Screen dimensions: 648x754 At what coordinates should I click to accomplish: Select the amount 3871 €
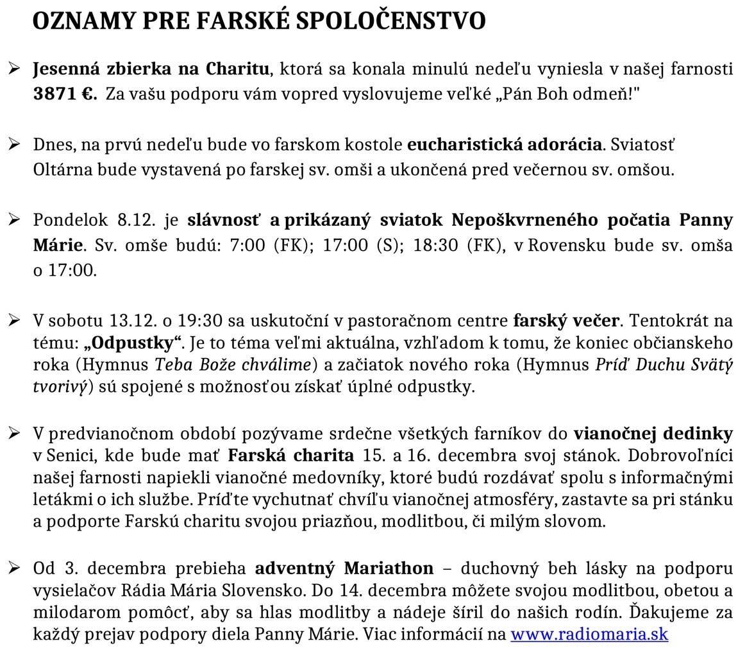pos(65,94)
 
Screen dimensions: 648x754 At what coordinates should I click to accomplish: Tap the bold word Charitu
pos(239,69)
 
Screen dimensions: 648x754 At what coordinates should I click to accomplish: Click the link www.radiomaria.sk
pos(589,634)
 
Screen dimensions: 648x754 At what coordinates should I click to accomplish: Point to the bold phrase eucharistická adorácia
pos(505,144)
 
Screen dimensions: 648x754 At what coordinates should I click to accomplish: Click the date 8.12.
pos(137,220)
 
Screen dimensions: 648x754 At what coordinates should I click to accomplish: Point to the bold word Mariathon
pos(389,568)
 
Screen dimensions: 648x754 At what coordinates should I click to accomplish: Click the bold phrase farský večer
pos(566,320)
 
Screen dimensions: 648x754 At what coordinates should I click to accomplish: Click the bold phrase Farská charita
pos(290,455)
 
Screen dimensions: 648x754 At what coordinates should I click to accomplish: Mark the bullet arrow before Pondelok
pos(14,219)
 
